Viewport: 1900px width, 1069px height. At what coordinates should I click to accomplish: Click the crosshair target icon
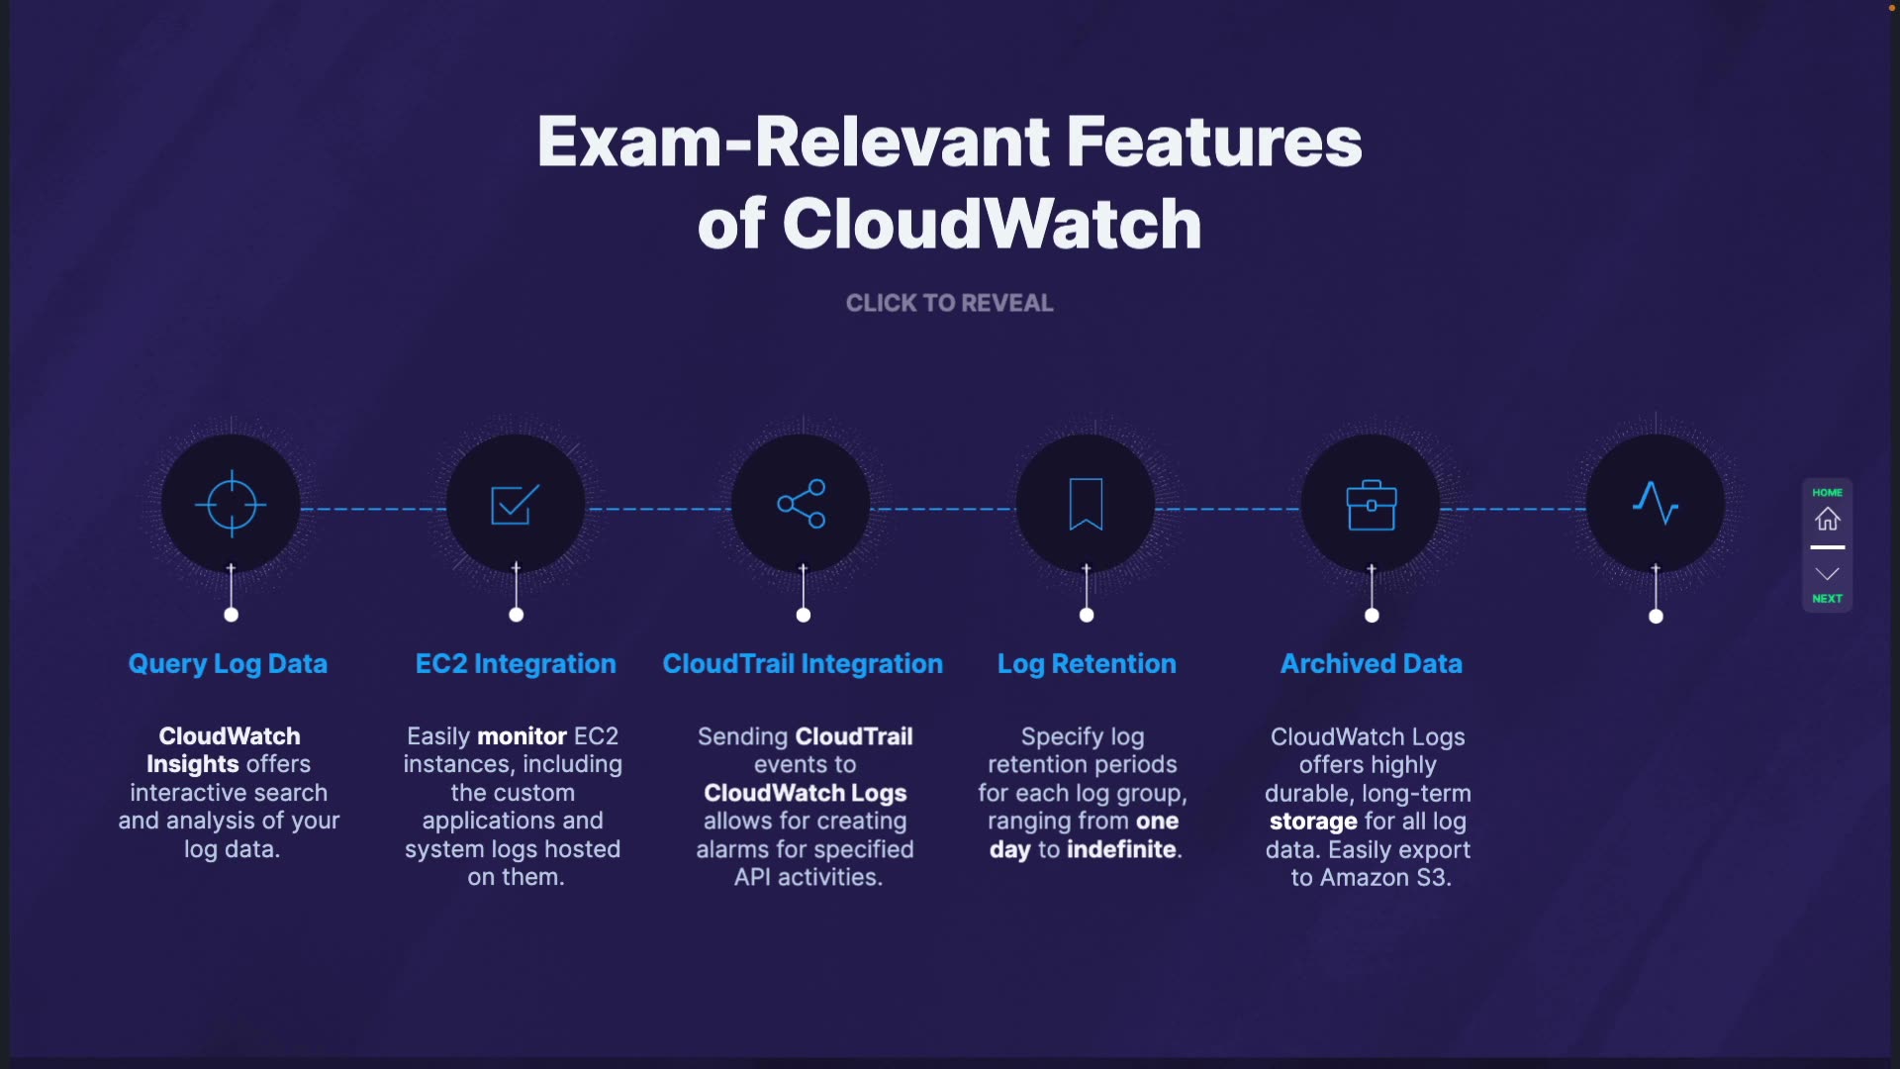click(231, 505)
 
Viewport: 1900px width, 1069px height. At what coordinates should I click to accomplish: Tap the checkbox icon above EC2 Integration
click(515, 505)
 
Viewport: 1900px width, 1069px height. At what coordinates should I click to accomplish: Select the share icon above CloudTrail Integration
click(802, 504)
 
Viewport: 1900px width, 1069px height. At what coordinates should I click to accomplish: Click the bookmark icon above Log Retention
click(1086, 504)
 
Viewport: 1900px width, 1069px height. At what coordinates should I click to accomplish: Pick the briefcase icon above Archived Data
click(1372, 505)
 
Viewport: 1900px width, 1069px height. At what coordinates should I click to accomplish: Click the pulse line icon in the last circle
click(1656, 504)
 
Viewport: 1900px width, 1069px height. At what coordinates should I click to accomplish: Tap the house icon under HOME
click(1827, 519)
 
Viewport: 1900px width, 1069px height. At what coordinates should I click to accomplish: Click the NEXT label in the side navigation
click(1827, 599)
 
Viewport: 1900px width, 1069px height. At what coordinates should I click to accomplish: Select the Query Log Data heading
click(228, 664)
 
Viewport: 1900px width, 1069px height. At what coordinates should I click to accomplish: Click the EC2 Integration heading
click(516, 664)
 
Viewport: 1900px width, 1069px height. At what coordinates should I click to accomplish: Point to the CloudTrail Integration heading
click(803, 664)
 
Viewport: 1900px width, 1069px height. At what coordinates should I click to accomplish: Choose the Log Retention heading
click(1087, 664)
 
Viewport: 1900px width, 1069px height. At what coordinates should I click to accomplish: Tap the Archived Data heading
click(1372, 664)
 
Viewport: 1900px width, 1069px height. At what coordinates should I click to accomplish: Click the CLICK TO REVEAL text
click(949, 303)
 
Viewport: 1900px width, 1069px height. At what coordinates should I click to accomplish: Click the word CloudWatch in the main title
click(992, 224)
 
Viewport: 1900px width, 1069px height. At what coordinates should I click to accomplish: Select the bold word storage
click(1313, 822)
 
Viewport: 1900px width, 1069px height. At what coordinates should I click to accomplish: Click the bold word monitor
click(522, 736)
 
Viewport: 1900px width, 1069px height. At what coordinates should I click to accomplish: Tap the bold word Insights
click(192, 764)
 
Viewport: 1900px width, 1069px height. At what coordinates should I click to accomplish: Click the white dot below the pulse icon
click(1656, 617)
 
